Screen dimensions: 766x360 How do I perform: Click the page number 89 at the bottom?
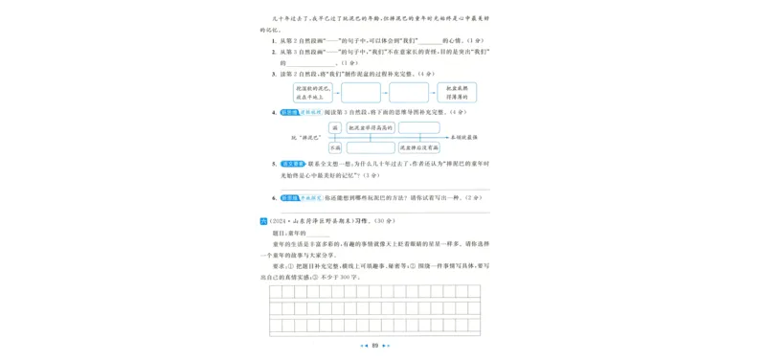pos(376,346)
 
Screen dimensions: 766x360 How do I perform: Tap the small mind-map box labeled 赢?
pos(334,127)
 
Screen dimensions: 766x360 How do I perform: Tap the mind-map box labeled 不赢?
pos(334,148)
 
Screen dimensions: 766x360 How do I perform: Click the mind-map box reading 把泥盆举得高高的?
pos(372,127)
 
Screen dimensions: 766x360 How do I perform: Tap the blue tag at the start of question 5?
pos(290,164)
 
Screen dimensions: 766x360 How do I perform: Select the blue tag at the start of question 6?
pos(290,197)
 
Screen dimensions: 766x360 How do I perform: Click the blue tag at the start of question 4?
pos(290,112)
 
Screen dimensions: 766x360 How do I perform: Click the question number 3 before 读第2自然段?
pos(274,73)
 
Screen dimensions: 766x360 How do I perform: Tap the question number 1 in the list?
pos(274,40)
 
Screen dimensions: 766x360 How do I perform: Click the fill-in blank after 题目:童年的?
pos(318,234)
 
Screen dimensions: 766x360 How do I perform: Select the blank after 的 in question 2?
pos(305,62)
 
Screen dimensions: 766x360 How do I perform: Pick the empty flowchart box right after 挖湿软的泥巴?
pos(361,93)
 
